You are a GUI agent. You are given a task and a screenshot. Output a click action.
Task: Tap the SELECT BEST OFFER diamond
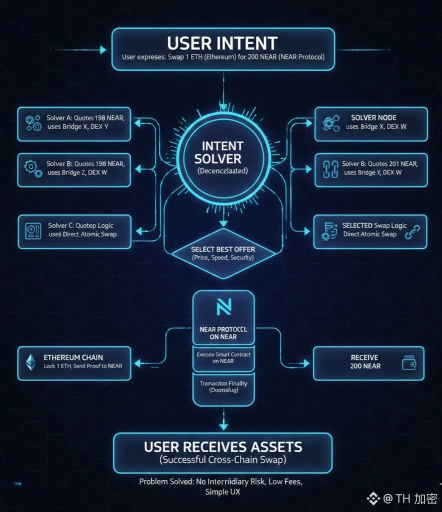pos(223,253)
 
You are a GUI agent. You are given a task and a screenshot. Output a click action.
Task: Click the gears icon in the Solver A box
pos(33,122)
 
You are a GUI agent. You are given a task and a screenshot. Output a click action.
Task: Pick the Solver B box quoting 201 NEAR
pos(371,168)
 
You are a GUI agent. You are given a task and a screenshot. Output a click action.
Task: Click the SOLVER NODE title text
pos(373,117)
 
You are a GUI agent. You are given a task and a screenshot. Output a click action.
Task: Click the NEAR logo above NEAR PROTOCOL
pos(223,307)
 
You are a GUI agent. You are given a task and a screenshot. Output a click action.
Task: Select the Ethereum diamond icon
pos(31,361)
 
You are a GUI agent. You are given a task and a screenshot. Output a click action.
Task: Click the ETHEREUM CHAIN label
pos(73,357)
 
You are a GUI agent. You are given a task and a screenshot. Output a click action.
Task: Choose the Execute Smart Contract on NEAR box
pos(223,357)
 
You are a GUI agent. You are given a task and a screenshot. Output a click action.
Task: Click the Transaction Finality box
pos(223,386)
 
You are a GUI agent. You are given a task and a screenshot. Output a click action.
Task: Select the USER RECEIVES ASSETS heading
pos(222,446)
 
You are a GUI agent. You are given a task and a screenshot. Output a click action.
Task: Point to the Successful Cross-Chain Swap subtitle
pos(222,460)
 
